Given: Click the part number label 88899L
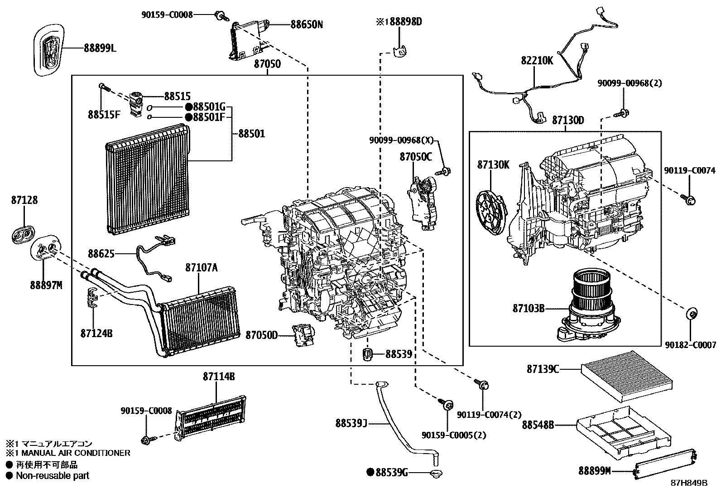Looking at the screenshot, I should click(x=100, y=48).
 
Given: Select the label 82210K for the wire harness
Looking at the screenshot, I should click(x=537, y=60).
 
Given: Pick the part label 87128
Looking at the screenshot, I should click(x=24, y=200).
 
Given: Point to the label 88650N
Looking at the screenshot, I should click(x=307, y=24).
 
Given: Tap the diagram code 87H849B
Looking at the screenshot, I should click(x=689, y=483).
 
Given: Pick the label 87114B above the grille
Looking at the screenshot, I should click(x=219, y=377).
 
